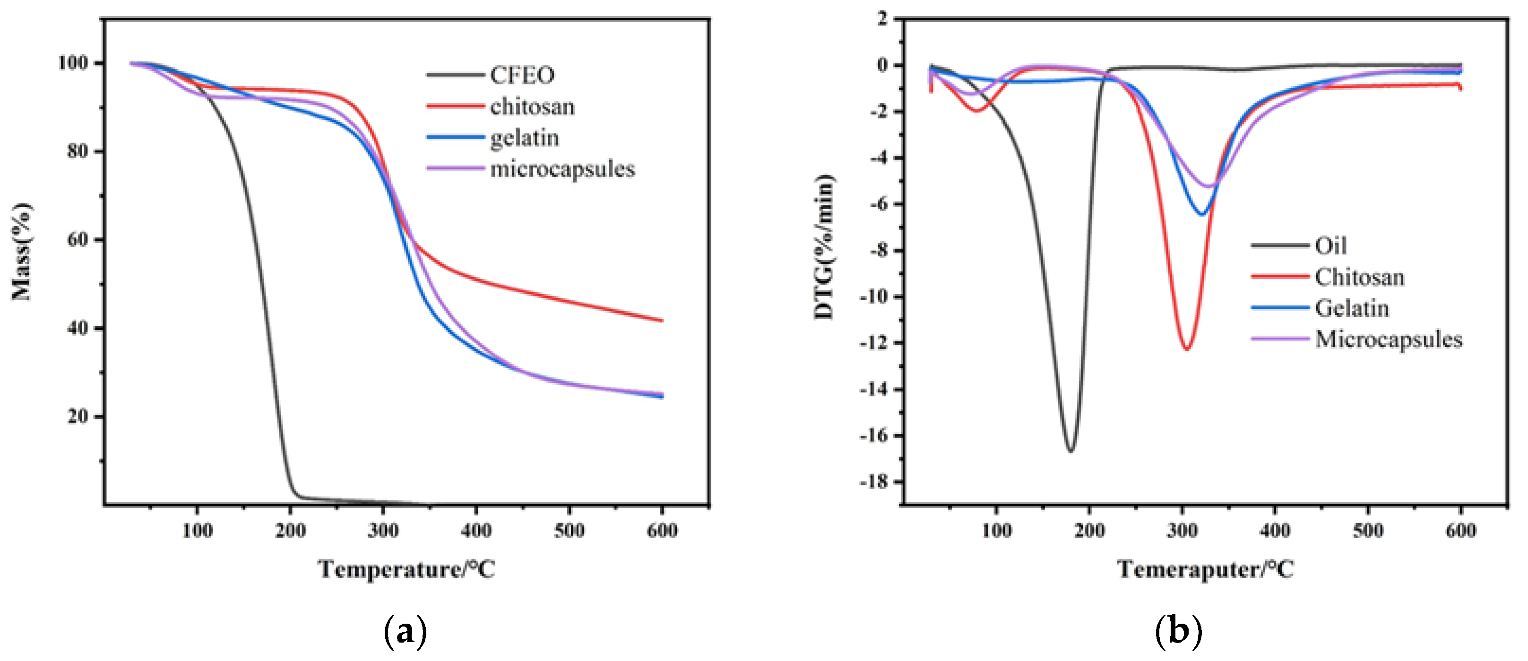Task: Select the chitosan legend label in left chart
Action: [532, 107]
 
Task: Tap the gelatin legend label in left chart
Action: [524, 138]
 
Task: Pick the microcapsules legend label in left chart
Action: [562, 169]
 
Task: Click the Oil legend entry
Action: [1330, 246]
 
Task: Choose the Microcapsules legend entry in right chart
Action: [1389, 339]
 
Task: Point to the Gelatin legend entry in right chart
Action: [1352, 308]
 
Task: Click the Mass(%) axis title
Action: [22, 252]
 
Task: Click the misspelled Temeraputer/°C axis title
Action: [1205, 569]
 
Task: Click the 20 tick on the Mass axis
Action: [77, 416]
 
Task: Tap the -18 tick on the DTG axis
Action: [874, 482]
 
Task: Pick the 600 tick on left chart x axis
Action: [662, 531]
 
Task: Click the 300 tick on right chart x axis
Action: [1182, 531]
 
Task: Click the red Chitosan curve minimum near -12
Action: [1186, 348]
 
